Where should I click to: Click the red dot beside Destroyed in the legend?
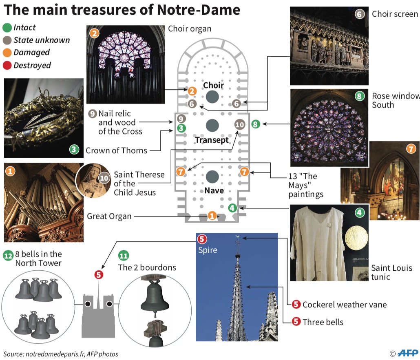coord(7,65)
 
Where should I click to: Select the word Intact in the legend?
coord(24,28)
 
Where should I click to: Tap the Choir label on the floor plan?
coord(213,85)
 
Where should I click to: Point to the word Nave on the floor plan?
coord(214,190)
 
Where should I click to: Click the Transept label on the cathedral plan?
coord(212,140)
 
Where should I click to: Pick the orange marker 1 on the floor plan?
coord(212,216)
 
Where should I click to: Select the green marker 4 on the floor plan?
coord(232,208)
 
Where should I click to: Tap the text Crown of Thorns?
coord(116,150)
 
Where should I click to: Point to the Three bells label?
coord(323,322)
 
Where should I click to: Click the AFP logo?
coord(408,353)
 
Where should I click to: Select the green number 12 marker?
coord(8,256)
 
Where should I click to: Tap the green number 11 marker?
coord(123,256)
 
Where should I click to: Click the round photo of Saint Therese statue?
coord(93,180)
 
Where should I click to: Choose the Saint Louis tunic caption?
coord(391,272)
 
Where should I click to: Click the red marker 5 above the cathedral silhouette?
coord(98,275)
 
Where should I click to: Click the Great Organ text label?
coord(109,216)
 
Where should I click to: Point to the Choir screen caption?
coord(395,14)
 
